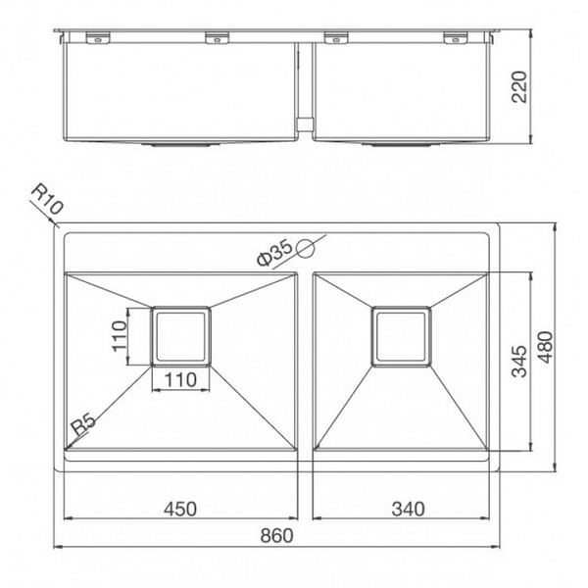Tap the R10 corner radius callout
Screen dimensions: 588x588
tap(46, 202)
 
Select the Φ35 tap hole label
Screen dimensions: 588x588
tap(275, 252)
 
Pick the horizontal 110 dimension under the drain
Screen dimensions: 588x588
tap(181, 379)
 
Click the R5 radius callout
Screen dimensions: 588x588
tap(82, 424)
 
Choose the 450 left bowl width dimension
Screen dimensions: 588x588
tap(181, 509)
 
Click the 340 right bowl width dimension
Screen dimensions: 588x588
tap(405, 509)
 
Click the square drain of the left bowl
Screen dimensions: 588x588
tap(181, 336)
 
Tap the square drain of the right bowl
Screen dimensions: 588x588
tap(401, 336)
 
